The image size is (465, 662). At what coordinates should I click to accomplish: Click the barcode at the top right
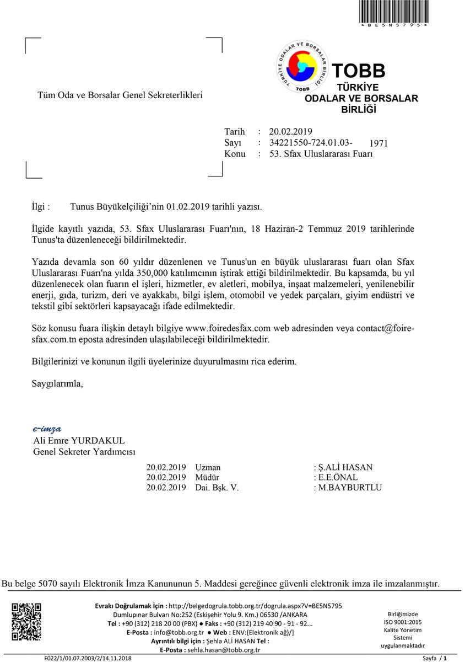393,11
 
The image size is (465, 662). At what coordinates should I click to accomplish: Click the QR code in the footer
26,622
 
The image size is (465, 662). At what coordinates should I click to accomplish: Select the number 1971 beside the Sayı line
379,143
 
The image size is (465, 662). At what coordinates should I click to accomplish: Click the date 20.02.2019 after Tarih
290,132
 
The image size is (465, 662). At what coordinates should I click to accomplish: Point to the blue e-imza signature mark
47,429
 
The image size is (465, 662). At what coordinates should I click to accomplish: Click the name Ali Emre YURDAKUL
79,441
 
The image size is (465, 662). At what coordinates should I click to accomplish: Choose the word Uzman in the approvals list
208,467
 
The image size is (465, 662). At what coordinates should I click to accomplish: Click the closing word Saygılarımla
57,383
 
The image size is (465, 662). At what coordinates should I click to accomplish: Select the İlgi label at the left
41,207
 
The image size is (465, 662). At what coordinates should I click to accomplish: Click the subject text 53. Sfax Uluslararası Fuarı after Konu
321,154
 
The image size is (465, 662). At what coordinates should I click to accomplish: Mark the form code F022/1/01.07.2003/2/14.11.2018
88,659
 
